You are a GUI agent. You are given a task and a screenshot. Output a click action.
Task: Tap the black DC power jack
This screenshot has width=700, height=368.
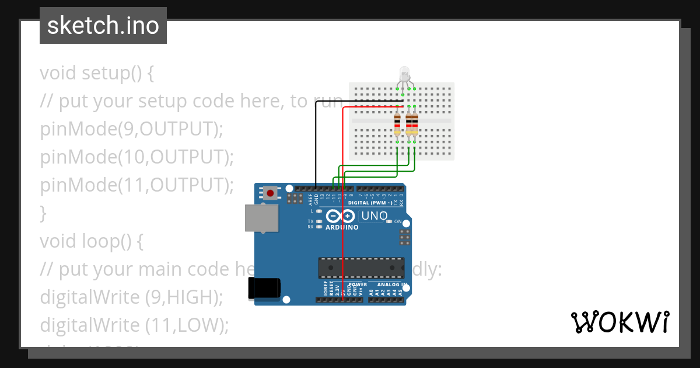(x=264, y=289)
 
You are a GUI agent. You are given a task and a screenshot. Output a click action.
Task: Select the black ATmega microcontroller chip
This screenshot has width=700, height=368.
(x=360, y=268)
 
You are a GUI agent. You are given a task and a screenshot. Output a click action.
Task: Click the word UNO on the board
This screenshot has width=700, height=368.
(x=374, y=216)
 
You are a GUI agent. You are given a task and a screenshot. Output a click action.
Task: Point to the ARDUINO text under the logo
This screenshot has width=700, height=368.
(x=342, y=227)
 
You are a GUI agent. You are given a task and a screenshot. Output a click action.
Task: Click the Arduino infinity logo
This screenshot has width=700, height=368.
(x=339, y=216)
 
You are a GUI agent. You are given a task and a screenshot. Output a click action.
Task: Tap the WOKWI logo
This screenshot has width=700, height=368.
(x=619, y=322)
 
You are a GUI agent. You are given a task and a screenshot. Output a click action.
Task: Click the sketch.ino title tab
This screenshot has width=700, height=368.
(x=103, y=26)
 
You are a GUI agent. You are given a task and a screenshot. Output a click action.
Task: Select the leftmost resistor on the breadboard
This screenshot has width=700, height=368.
(x=397, y=123)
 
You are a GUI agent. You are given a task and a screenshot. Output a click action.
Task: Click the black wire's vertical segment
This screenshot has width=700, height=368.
(x=316, y=143)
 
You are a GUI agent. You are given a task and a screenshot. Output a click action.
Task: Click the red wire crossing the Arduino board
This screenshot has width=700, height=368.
(x=343, y=245)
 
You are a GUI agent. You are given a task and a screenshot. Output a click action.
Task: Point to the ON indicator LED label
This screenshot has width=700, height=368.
(x=397, y=222)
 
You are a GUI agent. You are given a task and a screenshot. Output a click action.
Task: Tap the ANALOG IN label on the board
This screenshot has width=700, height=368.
(x=389, y=285)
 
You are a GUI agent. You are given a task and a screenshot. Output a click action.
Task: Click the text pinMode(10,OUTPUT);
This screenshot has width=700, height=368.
(x=136, y=157)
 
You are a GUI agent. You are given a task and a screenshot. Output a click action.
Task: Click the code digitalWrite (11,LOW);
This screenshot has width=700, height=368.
(x=134, y=325)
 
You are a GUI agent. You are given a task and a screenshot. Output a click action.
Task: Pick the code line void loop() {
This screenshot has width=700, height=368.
(x=91, y=241)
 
